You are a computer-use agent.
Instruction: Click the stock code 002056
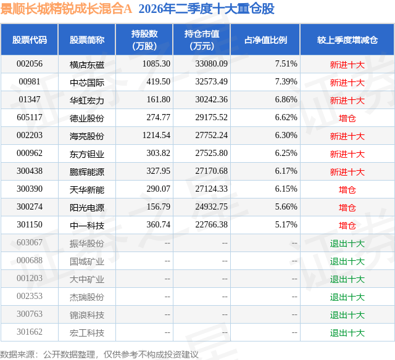(30, 64)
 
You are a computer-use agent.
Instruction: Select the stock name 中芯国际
(87, 83)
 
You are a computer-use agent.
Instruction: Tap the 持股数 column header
(144, 39)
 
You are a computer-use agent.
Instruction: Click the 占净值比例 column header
(265, 39)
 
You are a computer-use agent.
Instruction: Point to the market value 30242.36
(211, 100)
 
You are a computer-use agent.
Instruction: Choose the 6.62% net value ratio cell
(286, 118)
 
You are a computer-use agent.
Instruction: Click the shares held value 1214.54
(156, 136)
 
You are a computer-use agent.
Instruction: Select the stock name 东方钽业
(87, 154)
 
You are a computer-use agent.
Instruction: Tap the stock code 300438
(30, 171)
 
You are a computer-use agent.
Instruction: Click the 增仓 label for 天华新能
(347, 190)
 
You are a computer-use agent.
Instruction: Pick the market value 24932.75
(211, 207)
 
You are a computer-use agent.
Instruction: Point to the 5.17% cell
(286, 224)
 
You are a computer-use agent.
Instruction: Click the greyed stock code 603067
(30, 242)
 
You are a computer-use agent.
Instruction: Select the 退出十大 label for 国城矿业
(347, 261)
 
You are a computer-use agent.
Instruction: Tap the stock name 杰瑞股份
(87, 297)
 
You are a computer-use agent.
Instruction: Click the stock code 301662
(30, 332)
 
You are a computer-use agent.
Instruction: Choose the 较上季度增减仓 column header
(347, 39)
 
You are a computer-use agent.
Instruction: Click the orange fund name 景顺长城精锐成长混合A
(66, 9)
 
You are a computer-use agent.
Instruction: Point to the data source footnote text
(99, 354)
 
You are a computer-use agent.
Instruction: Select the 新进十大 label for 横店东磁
(347, 65)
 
